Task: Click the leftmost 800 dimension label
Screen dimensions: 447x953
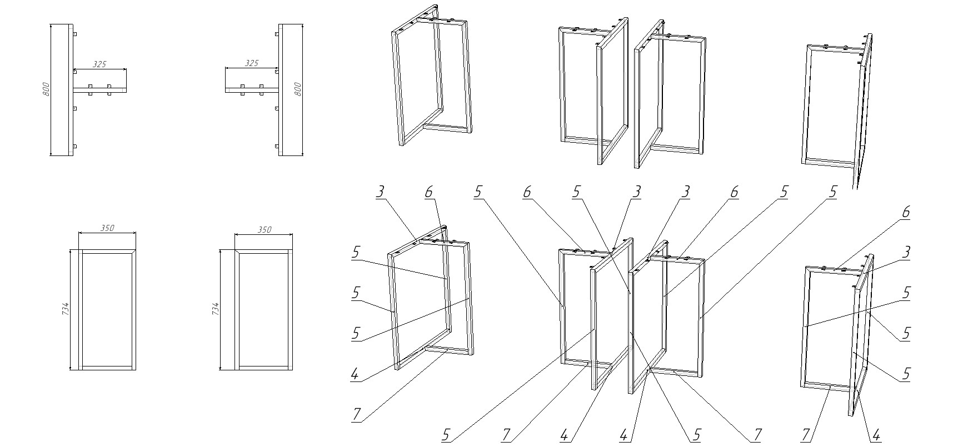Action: pos(47,89)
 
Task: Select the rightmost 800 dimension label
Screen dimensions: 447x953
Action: pos(297,89)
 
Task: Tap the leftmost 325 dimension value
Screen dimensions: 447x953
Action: pos(99,64)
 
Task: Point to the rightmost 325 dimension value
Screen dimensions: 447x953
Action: pos(251,63)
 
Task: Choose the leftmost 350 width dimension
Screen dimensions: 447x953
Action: pos(107,228)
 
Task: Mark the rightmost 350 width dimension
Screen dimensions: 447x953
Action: pos(265,230)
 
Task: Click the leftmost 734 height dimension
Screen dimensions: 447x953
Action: pos(66,309)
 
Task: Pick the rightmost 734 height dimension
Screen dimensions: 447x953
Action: pos(216,309)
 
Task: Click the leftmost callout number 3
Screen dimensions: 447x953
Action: pos(380,192)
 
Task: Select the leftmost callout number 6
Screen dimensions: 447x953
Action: pos(428,192)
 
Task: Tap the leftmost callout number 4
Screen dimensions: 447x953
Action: pos(355,374)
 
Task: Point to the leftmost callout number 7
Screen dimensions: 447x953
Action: pos(356,414)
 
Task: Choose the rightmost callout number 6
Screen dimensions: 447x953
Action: pos(906,212)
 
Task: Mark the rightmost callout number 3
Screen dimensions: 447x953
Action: pos(906,252)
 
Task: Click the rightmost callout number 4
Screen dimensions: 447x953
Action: pos(876,435)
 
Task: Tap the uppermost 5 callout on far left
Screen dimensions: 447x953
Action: pos(355,252)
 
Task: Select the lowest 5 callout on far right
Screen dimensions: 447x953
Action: pos(906,374)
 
